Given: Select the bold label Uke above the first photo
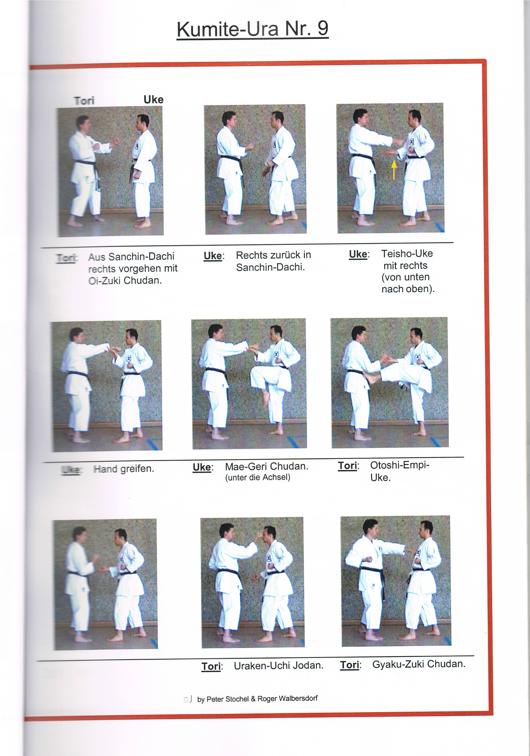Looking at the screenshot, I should point(153,100).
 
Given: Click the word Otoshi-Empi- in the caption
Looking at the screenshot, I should point(400,465).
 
